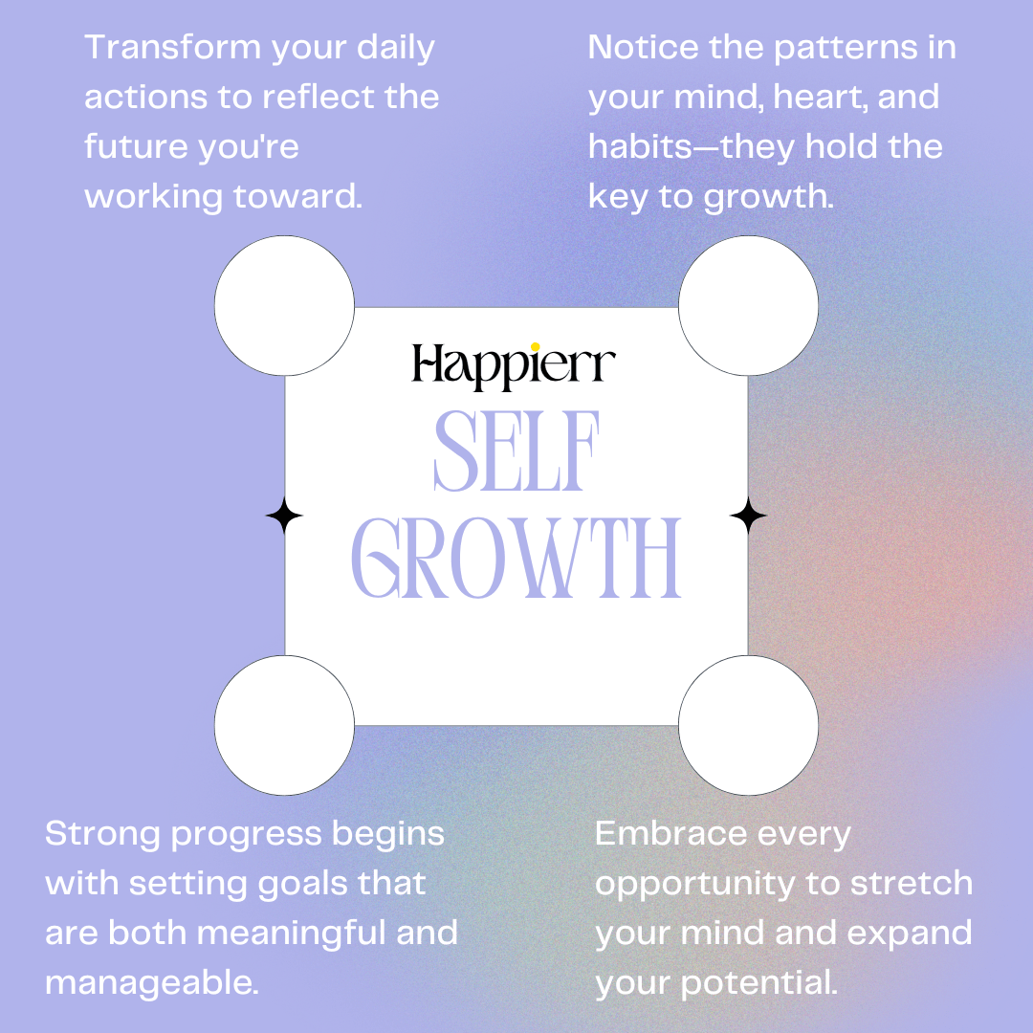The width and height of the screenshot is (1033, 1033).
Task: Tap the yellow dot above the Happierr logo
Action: tap(535, 346)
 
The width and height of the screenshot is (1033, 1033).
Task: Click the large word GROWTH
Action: tap(516, 560)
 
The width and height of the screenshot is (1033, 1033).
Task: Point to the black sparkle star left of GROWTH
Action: tap(284, 516)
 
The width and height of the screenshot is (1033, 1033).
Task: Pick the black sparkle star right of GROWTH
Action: tap(748, 516)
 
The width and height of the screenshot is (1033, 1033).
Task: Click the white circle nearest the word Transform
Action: tap(284, 306)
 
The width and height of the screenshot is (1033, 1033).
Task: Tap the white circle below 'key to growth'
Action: tap(748, 306)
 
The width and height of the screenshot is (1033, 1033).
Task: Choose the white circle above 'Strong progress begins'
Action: tap(284, 726)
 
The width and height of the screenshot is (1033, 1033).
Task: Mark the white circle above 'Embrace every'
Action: tap(748, 726)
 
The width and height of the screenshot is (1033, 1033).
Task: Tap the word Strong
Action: tap(100, 833)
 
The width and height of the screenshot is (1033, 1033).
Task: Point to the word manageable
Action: tap(152, 982)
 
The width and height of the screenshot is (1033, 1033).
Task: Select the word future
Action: tap(135, 147)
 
